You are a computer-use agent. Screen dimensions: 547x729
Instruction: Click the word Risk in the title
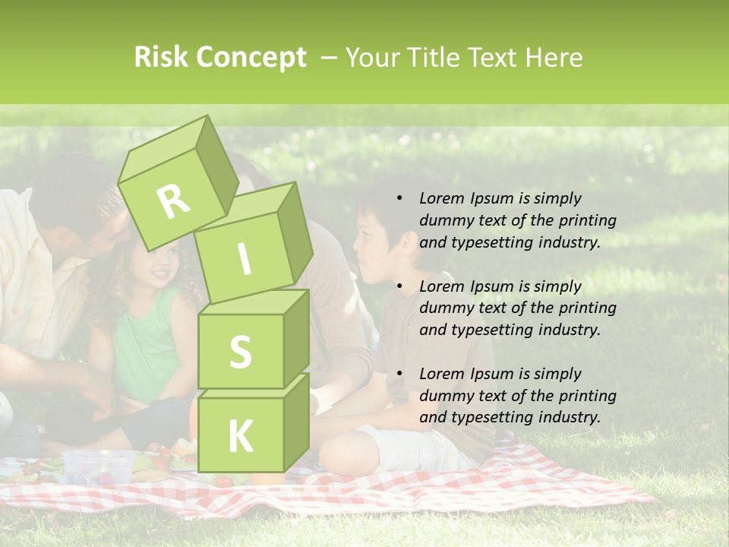point(161,58)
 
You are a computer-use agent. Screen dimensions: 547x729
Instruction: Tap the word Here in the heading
point(554,58)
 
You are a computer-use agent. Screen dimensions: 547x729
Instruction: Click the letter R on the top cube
point(173,201)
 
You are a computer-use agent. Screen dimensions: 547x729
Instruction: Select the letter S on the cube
point(240,352)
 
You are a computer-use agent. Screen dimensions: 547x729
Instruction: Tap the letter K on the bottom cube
point(240,436)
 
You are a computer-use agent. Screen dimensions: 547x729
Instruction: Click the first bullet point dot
point(399,199)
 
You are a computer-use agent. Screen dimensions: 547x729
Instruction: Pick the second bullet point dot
point(399,286)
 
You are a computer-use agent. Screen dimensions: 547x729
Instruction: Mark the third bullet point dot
point(399,374)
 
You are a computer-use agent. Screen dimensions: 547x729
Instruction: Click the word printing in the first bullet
point(585,221)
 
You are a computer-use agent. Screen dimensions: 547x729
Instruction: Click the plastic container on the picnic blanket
point(99,466)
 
